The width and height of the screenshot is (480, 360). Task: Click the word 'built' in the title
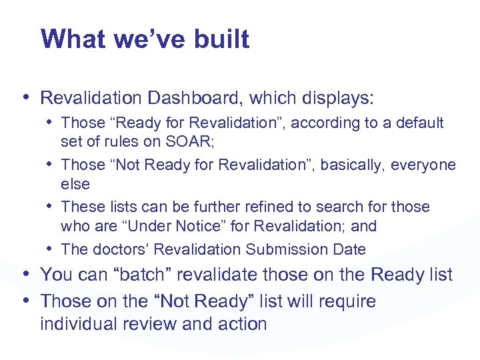tap(222, 39)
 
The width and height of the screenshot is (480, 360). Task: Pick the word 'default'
tap(419, 123)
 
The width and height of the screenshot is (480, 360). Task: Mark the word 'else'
tap(75, 183)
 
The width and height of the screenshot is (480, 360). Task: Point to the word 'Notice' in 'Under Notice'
tap(202, 226)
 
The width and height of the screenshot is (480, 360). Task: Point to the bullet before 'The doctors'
tap(50, 249)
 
